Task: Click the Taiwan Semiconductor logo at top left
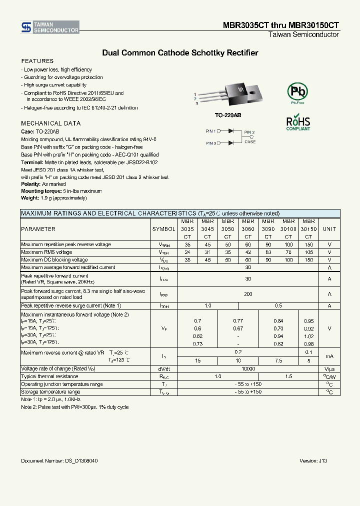(x=49, y=27)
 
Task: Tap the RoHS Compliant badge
(x=298, y=123)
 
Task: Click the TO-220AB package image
(x=230, y=94)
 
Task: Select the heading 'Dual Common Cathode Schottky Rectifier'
(x=180, y=52)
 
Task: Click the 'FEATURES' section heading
(x=37, y=61)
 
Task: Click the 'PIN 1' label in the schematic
(x=210, y=131)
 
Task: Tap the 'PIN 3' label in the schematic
(x=210, y=143)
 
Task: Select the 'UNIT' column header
(x=329, y=229)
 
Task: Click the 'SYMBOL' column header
(x=163, y=229)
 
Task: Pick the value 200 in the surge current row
(x=248, y=294)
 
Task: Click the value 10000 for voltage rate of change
(x=248, y=368)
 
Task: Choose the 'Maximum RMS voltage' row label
(x=46, y=252)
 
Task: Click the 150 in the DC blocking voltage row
(x=308, y=260)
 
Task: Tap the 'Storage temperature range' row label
(x=50, y=392)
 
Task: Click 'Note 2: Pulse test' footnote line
(x=74, y=407)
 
